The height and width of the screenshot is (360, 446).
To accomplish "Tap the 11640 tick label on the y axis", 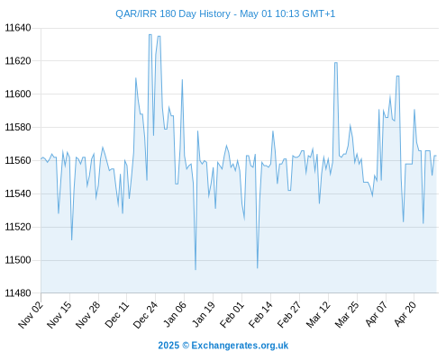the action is pyautogui.click(x=18, y=28).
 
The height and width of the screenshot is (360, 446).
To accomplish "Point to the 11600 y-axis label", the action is pyautogui.click(x=18, y=94).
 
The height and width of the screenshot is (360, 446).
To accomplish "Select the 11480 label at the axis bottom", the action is pyautogui.click(x=18, y=293).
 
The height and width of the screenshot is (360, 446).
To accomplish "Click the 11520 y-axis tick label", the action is pyautogui.click(x=18, y=227).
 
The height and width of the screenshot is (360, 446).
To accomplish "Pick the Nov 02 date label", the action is pyautogui.click(x=31, y=314).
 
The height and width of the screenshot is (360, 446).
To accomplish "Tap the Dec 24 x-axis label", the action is pyautogui.click(x=145, y=314).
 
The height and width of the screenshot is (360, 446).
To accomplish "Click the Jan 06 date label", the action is pyautogui.click(x=175, y=314).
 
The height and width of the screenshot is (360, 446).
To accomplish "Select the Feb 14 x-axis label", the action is pyautogui.click(x=260, y=314).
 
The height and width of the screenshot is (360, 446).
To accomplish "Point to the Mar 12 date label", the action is pyautogui.click(x=318, y=314).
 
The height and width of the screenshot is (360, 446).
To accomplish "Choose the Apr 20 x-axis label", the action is pyautogui.click(x=405, y=314).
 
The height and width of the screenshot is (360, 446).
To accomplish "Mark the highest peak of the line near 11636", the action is pyautogui.click(x=150, y=35).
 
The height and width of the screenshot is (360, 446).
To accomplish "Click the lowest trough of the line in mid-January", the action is pyautogui.click(x=196, y=269).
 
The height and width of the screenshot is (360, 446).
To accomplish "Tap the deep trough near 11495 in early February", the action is pyautogui.click(x=258, y=267).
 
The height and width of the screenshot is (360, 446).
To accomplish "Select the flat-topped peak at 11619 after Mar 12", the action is pyautogui.click(x=336, y=63).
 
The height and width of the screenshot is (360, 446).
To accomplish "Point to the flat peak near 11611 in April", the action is pyautogui.click(x=397, y=76).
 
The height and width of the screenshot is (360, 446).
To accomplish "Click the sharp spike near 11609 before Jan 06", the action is pyautogui.click(x=182, y=80).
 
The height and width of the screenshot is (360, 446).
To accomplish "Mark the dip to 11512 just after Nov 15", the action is pyautogui.click(x=71, y=239).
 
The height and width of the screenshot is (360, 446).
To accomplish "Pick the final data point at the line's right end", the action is pyautogui.click(x=436, y=156).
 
